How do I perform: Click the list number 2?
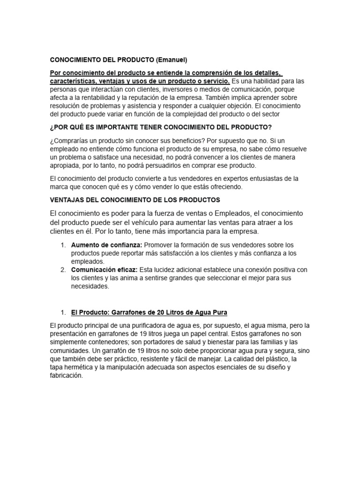click(63, 270)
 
